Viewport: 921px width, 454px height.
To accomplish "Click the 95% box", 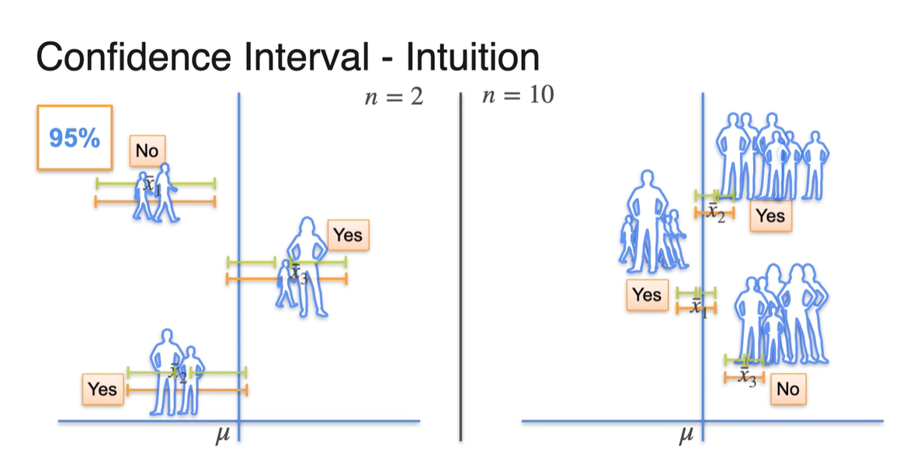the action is point(75,138).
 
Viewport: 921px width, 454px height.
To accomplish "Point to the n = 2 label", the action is point(394,99).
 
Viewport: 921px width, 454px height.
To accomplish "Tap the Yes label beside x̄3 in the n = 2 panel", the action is point(347,235).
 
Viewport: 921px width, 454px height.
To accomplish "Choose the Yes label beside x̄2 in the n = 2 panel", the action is point(103,389).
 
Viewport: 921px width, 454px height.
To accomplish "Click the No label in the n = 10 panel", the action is point(787,389).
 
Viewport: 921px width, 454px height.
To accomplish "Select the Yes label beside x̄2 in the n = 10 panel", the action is point(770,216).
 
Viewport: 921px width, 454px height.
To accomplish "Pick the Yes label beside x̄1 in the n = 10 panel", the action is point(646,295).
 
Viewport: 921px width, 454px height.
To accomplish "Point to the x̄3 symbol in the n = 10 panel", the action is point(747,378).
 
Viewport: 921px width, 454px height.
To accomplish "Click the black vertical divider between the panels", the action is point(462,264).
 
